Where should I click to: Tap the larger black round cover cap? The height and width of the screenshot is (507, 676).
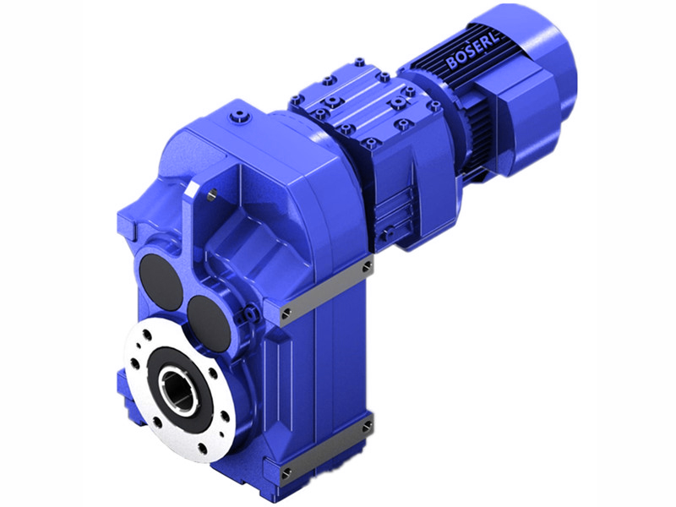click(161, 281)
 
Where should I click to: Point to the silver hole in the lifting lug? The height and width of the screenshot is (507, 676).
click(211, 195)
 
